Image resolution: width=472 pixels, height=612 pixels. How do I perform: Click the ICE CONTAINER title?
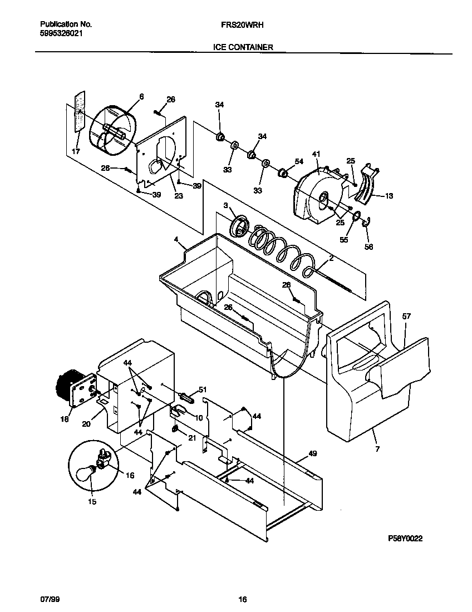coord(243,48)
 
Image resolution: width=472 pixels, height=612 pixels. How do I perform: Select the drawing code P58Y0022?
coord(409,539)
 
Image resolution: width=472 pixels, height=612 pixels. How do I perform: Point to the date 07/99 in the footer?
coord(48,600)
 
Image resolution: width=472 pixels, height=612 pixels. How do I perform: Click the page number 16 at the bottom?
coord(242,600)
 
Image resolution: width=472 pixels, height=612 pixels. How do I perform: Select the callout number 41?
coord(316,154)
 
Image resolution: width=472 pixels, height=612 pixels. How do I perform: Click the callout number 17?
coord(75,151)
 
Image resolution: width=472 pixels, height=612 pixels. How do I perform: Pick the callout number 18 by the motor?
coord(65,419)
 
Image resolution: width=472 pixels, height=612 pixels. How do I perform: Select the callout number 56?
coord(368,246)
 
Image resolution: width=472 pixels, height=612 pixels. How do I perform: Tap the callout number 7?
coord(377,448)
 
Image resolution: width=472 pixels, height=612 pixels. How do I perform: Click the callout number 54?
coord(299,161)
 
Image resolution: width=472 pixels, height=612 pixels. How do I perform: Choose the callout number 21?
coord(191,438)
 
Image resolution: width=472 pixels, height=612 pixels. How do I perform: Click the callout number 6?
coord(141,96)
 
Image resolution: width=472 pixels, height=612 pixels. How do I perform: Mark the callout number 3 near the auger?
coord(227,206)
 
